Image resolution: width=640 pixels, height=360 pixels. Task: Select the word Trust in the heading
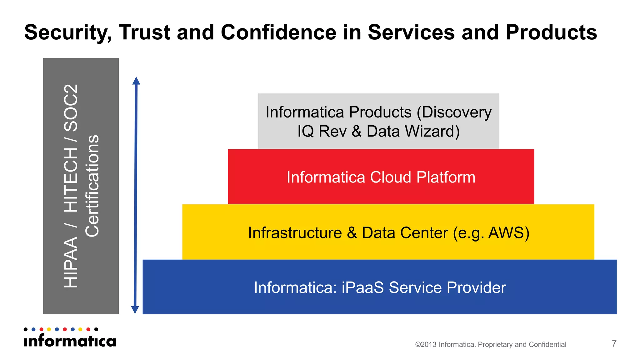[x=144, y=32]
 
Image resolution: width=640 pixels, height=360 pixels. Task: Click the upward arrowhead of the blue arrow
[x=136, y=81]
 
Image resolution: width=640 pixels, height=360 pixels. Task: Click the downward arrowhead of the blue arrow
[x=135, y=310]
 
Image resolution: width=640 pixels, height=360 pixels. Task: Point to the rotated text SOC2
[x=71, y=108]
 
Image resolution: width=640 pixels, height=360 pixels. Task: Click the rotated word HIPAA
[x=71, y=262]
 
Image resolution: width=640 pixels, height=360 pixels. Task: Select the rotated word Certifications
[x=92, y=186]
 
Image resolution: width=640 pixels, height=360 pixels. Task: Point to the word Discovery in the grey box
[x=457, y=112]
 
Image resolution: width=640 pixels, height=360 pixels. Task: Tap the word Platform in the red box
[x=446, y=177]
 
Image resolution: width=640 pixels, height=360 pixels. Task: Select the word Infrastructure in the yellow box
[x=295, y=233]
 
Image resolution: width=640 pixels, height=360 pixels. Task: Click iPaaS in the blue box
[x=362, y=287]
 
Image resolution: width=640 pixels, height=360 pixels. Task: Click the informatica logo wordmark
[x=70, y=341]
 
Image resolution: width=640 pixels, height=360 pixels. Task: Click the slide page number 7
[x=614, y=343]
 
